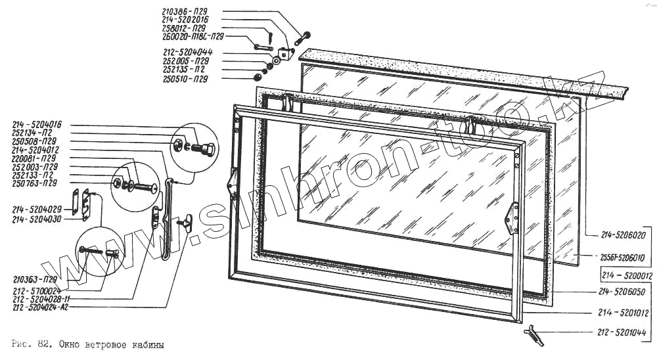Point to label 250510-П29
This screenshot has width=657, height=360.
pyautogui.click(x=185, y=79)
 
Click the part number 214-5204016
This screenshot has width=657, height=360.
pyautogui.click(x=37, y=124)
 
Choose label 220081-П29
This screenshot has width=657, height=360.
pyautogui.click(x=36, y=158)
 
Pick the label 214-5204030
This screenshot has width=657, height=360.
pyautogui.click(x=37, y=218)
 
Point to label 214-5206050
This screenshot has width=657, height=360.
pyautogui.click(x=623, y=291)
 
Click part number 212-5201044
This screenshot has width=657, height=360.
pyautogui.click(x=623, y=331)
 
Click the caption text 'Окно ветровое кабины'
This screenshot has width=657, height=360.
pyautogui.click(x=110, y=344)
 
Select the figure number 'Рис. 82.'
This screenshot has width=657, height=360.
pyautogui.click(x=32, y=344)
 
